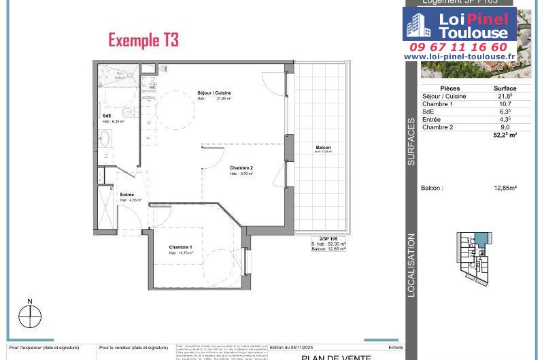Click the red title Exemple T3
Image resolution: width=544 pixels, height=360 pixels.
tap(143, 40)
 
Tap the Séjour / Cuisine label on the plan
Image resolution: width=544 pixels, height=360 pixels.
tap(214, 93)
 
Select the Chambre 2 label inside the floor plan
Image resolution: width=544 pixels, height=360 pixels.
tap(241, 168)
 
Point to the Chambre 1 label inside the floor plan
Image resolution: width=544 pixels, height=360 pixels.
tap(181, 247)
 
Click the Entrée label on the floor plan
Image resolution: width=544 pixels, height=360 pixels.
tap(127, 195)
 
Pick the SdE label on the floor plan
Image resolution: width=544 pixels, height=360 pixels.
tap(107, 116)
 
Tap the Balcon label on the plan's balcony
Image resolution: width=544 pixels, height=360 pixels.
tap(323, 148)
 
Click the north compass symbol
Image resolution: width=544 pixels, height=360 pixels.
tap(30, 316)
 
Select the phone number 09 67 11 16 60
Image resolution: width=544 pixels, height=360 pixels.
tap(458, 47)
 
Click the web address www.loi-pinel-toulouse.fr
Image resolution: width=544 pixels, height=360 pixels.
tap(460, 56)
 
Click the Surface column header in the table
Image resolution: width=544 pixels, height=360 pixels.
tap(505, 88)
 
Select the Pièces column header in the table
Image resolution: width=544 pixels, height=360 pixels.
tap(450, 88)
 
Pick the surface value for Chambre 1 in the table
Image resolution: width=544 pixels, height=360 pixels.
tap(505, 104)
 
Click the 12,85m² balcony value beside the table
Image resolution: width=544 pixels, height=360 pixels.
tap(505, 188)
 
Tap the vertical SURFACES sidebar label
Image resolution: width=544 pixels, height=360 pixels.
tap(411, 142)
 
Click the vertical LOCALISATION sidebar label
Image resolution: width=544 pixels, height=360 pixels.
tap(411, 265)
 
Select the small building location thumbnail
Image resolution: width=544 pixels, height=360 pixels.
tap(474, 257)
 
